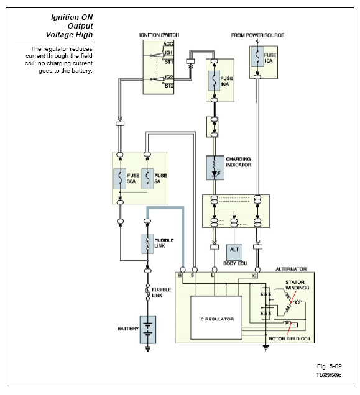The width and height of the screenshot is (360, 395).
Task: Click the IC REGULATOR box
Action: (216, 318)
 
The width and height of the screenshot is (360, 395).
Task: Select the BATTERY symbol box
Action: (148, 330)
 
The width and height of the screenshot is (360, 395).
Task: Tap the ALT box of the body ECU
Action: (234, 252)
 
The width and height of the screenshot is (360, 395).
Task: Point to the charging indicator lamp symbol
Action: (215, 168)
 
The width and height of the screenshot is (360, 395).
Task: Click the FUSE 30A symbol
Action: (120, 178)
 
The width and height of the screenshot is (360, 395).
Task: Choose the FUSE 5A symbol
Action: (147, 178)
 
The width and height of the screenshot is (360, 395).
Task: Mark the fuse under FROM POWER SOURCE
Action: (257, 57)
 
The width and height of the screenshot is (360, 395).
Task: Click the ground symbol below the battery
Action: (148, 348)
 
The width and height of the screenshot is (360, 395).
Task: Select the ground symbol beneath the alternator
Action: (265, 348)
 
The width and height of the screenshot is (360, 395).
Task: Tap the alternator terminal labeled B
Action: (183, 270)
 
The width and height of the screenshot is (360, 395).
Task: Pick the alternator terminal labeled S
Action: (195, 270)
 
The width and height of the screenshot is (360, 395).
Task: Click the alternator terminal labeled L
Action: (215, 270)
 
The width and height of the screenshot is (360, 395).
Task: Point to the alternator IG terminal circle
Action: (257, 270)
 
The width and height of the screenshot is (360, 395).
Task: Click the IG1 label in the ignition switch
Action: (168, 52)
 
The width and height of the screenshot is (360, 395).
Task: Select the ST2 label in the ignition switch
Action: (169, 86)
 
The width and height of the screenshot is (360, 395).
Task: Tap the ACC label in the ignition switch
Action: (168, 44)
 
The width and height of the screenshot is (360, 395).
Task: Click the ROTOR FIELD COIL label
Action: (290, 338)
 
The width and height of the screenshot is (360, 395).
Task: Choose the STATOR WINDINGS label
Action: (297, 285)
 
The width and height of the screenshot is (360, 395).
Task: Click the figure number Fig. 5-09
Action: (329, 366)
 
